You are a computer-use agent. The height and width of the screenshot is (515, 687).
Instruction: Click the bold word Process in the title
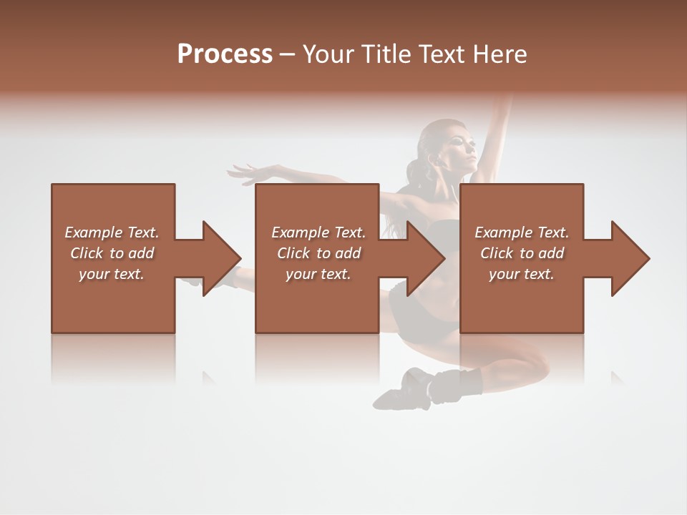pyautogui.click(x=225, y=54)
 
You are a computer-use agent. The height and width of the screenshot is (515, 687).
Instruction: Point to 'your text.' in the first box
pyautogui.click(x=112, y=274)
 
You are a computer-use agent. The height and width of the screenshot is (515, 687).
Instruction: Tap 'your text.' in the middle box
pyautogui.click(x=318, y=274)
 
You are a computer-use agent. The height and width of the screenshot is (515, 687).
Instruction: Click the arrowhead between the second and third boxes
pyautogui.click(x=425, y=258)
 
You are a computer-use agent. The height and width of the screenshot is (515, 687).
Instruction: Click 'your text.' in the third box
pyautogui.click(x=522, y=274)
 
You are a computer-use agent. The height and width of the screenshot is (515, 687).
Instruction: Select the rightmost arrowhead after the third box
pyautogui.click(x=630, y=258)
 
